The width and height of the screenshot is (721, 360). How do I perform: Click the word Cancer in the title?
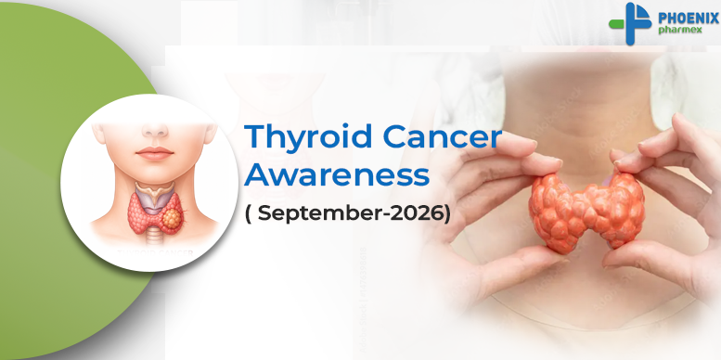pos(442,137)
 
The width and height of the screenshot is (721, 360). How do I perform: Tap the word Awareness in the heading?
pos(337,175)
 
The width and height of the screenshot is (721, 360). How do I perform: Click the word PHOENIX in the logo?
pos(689,19)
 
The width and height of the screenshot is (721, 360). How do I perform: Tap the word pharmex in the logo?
pos(680,30)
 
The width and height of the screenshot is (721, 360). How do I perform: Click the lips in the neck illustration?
pos(154,153)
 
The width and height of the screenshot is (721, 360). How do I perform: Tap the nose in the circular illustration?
pos(154,131)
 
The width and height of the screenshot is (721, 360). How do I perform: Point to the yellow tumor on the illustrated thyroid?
pos(172,219)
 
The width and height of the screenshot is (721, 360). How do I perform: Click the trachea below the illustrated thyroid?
pos(154,239)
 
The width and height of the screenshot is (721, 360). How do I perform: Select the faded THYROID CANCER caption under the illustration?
pos(155,253)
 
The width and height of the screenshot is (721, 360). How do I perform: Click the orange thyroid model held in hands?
pos(586,211)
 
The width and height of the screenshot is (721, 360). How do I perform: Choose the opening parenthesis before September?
pos(249,214)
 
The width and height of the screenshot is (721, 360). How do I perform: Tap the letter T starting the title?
pos(255,136)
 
